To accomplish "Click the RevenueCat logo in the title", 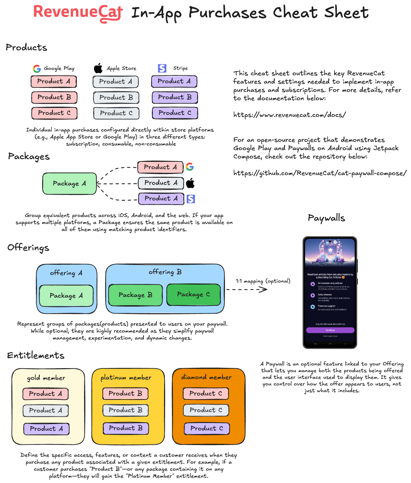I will pyautogui.click(x=78, y=13).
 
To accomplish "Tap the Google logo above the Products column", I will pyautogui.click(x=37, y=69).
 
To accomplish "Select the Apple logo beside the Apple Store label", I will pyautogui.click(x=98, y=69).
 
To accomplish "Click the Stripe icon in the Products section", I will pyautogui.click(x=162, y=68).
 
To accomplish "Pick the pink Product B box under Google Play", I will pyautogui.click(x=54, y=97).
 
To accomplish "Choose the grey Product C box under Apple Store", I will pyautogui.click(x=116, y=113).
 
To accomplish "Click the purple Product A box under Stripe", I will pyautogui.click(x=174, y=81).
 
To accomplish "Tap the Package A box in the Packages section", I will pyautogui.click(x=69, y=183).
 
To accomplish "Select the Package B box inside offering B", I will pyautogui.click(x=135, y=295).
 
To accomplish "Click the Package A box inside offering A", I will pyautogui.click(x=66, y=296).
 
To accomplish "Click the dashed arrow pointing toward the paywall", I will pyautogui.click(x=247, y=289).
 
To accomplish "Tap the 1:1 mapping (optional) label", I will pyautogui.click(x=263, y=281).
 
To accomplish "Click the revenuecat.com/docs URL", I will pyautogui.click(x=289, y=115).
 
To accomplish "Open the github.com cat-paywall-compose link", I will pyautogui.click(x=320, y=173).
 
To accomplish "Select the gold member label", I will pyautogui.click(x=46, y=378).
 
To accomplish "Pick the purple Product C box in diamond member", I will pyautogui.click(x=206, y=428).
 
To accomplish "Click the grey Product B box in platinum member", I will pyautogui.click(x=126, y=410).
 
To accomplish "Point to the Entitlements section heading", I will pyautogui.click(x=36, y=356).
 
